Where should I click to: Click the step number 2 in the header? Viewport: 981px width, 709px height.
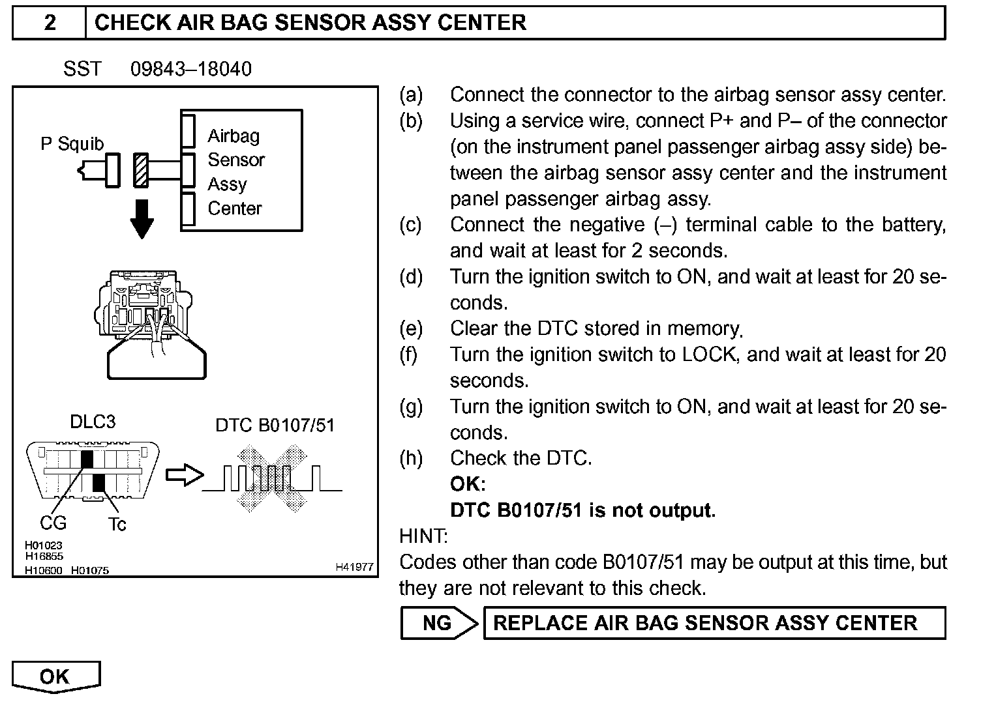coord(50,23)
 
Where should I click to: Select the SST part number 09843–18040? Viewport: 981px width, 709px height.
coord(190,69)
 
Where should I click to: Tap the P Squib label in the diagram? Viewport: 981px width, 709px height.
coord(72,143)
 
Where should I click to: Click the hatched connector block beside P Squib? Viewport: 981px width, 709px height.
coord(140,170)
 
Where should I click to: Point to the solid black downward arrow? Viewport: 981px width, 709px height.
coord(142,218)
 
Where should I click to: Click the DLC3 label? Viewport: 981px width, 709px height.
coord(93,422)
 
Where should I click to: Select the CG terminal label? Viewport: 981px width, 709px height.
coord(53,523)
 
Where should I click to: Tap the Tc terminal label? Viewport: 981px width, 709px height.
coord(117,524)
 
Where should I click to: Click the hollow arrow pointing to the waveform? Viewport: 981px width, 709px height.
coord(184,476)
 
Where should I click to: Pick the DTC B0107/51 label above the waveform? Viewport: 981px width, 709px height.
coord(275,426)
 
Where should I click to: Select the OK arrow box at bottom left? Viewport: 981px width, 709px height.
coord(55,676)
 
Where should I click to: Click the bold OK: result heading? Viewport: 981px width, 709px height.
coord(468,484)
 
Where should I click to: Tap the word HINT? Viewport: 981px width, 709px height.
coord(423,536)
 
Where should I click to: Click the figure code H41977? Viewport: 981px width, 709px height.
coord(354,568)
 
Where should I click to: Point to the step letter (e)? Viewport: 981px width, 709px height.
coord(410,328)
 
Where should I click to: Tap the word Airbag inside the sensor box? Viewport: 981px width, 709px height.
coord(234,136)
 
